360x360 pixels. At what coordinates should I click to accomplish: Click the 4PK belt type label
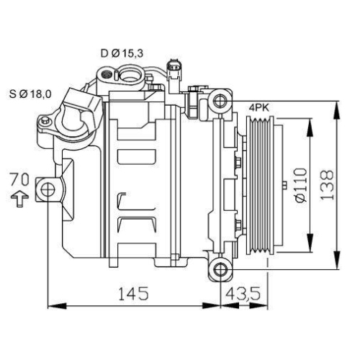click(x=258, y=107)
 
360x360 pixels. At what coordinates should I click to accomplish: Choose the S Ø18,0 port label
click(x=30, y=93)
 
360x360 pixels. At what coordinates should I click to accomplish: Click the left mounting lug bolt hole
click(x=48, y=190)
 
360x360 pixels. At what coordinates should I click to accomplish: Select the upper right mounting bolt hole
click(x=220, y=100)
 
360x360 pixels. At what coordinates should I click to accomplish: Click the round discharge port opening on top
click(x=131, y=72)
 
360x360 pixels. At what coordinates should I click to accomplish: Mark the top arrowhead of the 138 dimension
click(x=336, y=104)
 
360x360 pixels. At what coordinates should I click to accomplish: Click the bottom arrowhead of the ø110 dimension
click(x=310, y=245)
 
